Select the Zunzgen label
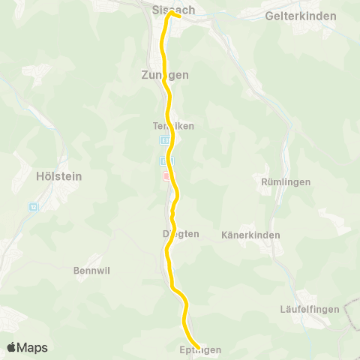tap(164, 75)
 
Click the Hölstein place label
tap(58, 177)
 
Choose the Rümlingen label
tap(285, 182)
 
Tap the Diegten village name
tap(181, 233)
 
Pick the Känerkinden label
tap(250, 235)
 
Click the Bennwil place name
tap(92, 271)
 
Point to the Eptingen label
tap(201, 350)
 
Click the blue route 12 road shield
tap(33, 206)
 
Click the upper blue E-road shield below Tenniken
tap(164, 140)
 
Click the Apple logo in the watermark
tap(12, 347)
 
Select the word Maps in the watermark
tap(33, 347)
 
